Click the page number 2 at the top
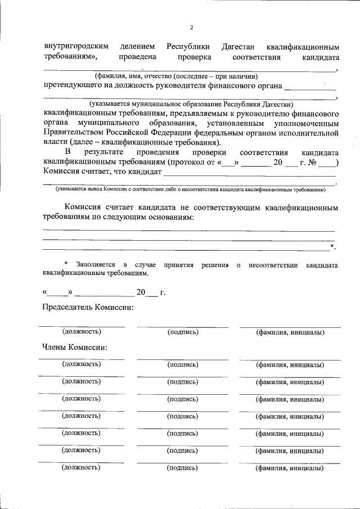click(x=191, y=28)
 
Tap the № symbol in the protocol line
click(x=312, y=163)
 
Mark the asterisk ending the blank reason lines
click(x=333, y=246)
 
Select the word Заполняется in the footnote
click(x=96, y=265)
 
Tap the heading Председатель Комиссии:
click(x=88, y=308)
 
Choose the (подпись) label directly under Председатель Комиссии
click(x=183, y=332)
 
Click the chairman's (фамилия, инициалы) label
click(x=290, y=332)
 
